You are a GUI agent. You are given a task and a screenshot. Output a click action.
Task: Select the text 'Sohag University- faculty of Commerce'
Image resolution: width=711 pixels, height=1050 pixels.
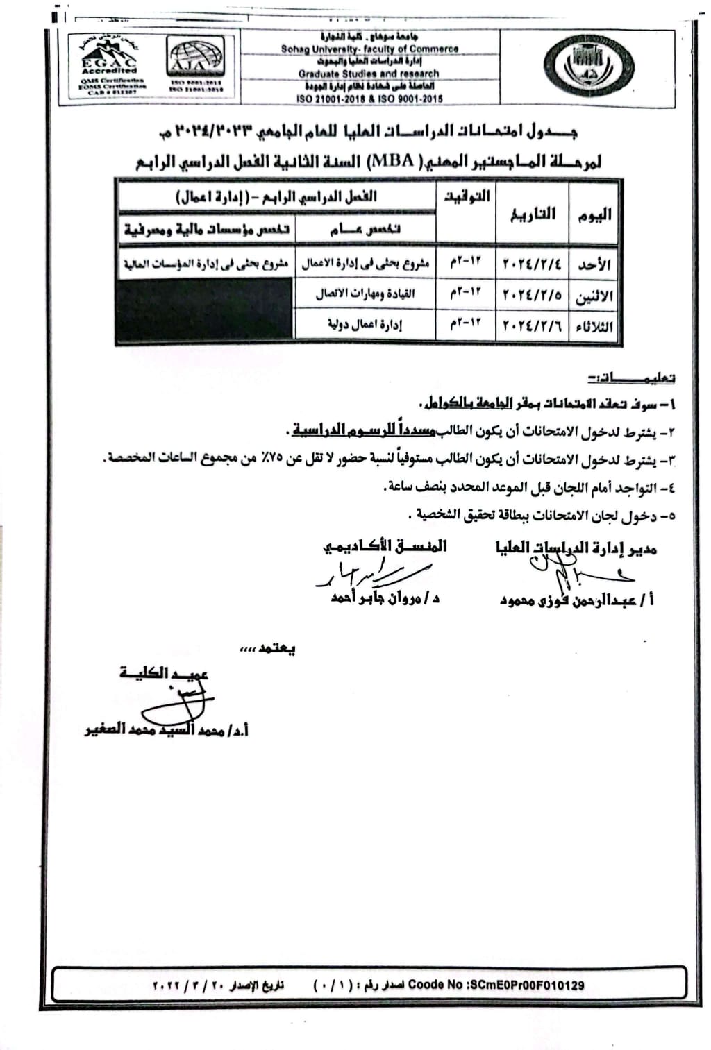tap(369, 49)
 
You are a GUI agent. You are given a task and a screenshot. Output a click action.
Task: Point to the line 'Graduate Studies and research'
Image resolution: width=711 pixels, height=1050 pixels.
tap(369, 74)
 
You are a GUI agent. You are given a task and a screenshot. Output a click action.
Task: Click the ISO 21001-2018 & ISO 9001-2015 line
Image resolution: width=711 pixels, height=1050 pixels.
tap(369, 99)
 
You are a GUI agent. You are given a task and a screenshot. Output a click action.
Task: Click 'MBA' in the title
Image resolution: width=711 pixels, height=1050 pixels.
tap(394, 162)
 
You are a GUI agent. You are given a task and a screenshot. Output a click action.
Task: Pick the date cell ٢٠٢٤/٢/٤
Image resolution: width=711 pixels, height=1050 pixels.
tap(532, 264)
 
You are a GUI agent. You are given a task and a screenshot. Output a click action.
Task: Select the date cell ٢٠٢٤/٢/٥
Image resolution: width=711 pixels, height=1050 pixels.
tap(532, 295)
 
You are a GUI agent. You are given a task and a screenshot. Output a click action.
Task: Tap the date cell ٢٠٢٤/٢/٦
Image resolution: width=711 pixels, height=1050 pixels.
tap(532, 325)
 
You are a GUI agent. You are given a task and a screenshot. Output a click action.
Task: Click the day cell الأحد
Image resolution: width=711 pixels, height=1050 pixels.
tap(594, 265)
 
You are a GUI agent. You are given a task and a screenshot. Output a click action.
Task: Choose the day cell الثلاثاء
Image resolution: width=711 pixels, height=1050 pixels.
tap(594, 326)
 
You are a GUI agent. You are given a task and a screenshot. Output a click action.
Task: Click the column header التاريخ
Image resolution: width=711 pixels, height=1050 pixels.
tap(533, 214)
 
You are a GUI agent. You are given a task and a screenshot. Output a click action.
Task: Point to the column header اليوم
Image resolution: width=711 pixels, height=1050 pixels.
tap(595, 215)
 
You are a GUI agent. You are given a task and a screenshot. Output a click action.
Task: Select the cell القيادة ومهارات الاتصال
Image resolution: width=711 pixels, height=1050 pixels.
tap(365, 294)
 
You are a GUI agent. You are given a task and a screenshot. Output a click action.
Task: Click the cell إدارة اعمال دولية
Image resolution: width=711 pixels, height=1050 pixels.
tap(365, 324)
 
